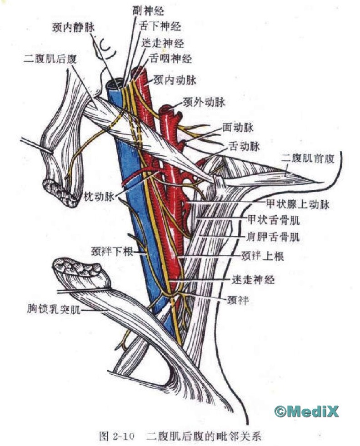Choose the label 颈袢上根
pyautogui.click(x=263, y=257)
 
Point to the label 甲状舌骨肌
pyautogui.click(x=273, y=221)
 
